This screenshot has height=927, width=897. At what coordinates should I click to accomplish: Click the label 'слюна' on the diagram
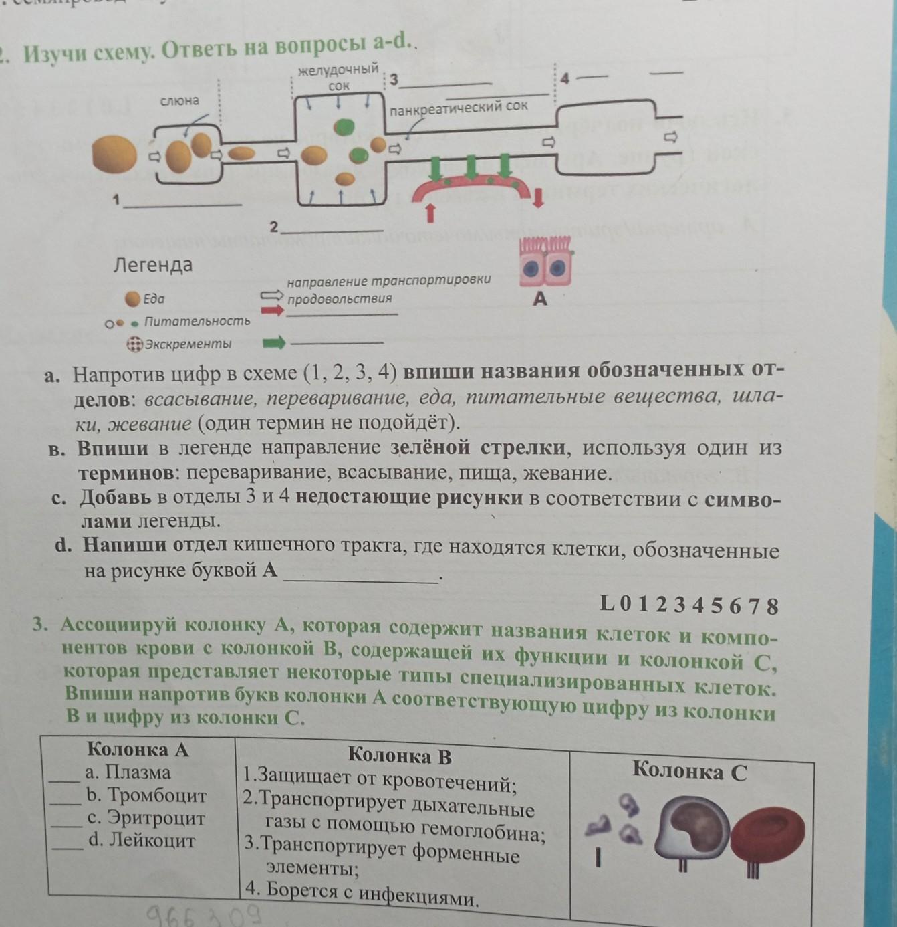[179, 101]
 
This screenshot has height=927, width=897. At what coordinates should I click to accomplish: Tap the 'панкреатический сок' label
[459, 107]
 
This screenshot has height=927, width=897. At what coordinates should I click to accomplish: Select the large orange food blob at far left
[114, 154]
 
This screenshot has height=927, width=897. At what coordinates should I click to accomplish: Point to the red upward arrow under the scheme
[430, 212]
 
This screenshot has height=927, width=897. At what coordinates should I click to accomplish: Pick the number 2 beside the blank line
[273, 227]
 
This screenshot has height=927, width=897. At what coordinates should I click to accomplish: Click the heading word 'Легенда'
[153, 265]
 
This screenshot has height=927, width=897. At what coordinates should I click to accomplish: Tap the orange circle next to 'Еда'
[133, 298]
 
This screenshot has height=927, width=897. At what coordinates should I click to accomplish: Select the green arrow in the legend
[273, 343]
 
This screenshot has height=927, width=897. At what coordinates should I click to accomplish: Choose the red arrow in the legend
[273, 310]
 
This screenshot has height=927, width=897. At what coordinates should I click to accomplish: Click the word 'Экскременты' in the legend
[188, 344]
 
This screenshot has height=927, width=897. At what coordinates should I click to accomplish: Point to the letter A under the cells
[540, 299]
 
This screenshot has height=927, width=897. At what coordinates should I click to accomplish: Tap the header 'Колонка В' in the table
[400, 756]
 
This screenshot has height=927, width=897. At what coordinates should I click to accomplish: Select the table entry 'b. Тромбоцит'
[146, 795]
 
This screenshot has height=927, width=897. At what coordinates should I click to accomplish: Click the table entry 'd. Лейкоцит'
[141, 840]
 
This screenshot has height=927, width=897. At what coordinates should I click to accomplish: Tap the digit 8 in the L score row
[772, 606]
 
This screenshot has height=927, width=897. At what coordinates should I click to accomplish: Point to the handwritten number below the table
[205, 915]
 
